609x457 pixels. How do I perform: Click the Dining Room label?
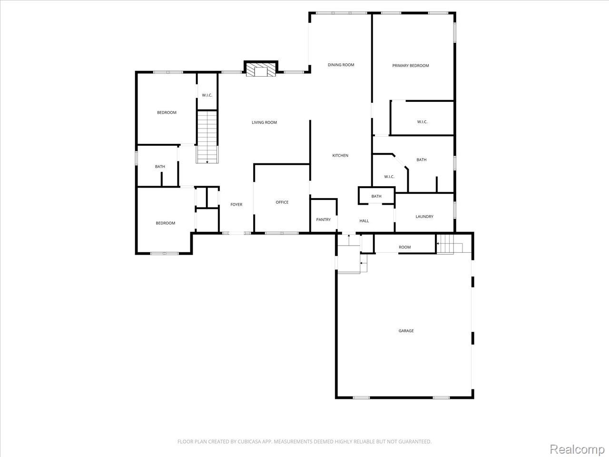coord(341,65)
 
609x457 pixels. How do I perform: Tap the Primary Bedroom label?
coord(410,66)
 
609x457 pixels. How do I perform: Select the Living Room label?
coord(264,122)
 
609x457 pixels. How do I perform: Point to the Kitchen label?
coord(340,155)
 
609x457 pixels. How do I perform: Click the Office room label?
coord(282,202)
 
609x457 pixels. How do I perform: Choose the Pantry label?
coord(323,219)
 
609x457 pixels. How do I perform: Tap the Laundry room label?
coord(424,217)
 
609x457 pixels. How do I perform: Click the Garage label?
coord(406,331)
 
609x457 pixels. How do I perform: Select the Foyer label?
coord(236,205)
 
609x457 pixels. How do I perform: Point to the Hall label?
coord(364,221)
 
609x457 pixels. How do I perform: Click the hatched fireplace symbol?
coord(261,71)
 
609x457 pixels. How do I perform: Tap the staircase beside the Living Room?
coord(207,137)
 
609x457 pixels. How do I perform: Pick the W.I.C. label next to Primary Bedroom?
coord(422,122)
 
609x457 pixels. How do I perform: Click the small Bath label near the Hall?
coord(376,196)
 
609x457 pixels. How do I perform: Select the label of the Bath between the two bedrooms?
coord(160,167)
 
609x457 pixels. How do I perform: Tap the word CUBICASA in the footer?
coord(249,441)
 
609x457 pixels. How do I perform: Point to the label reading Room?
coord(404,247)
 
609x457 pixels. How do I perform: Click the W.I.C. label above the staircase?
coord(207,95)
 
